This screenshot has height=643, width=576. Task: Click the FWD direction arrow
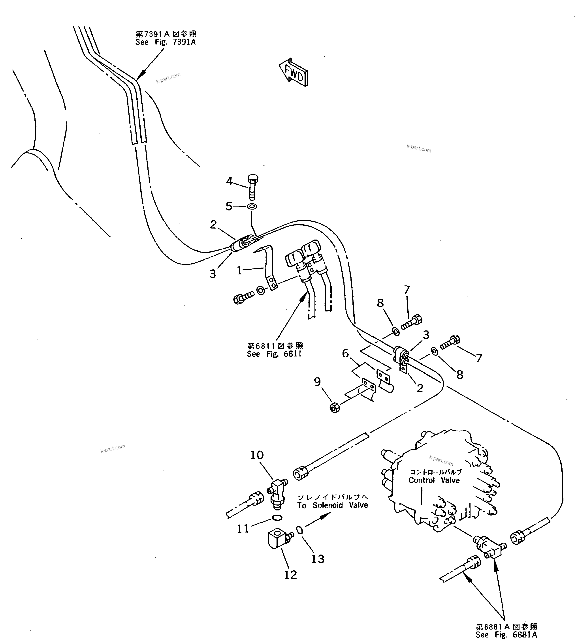[x=293, y=72]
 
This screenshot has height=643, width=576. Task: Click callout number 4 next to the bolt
[x=229, y=181]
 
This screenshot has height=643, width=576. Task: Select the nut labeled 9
[x=335, y=408]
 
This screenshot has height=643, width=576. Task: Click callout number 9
[x=317, y=382]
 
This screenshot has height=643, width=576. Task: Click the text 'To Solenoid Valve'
[x=332, y=505]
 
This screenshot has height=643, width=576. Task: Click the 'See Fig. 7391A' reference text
[x=166, y=42]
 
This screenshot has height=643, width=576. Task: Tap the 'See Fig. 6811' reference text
[x=274, y=354]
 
